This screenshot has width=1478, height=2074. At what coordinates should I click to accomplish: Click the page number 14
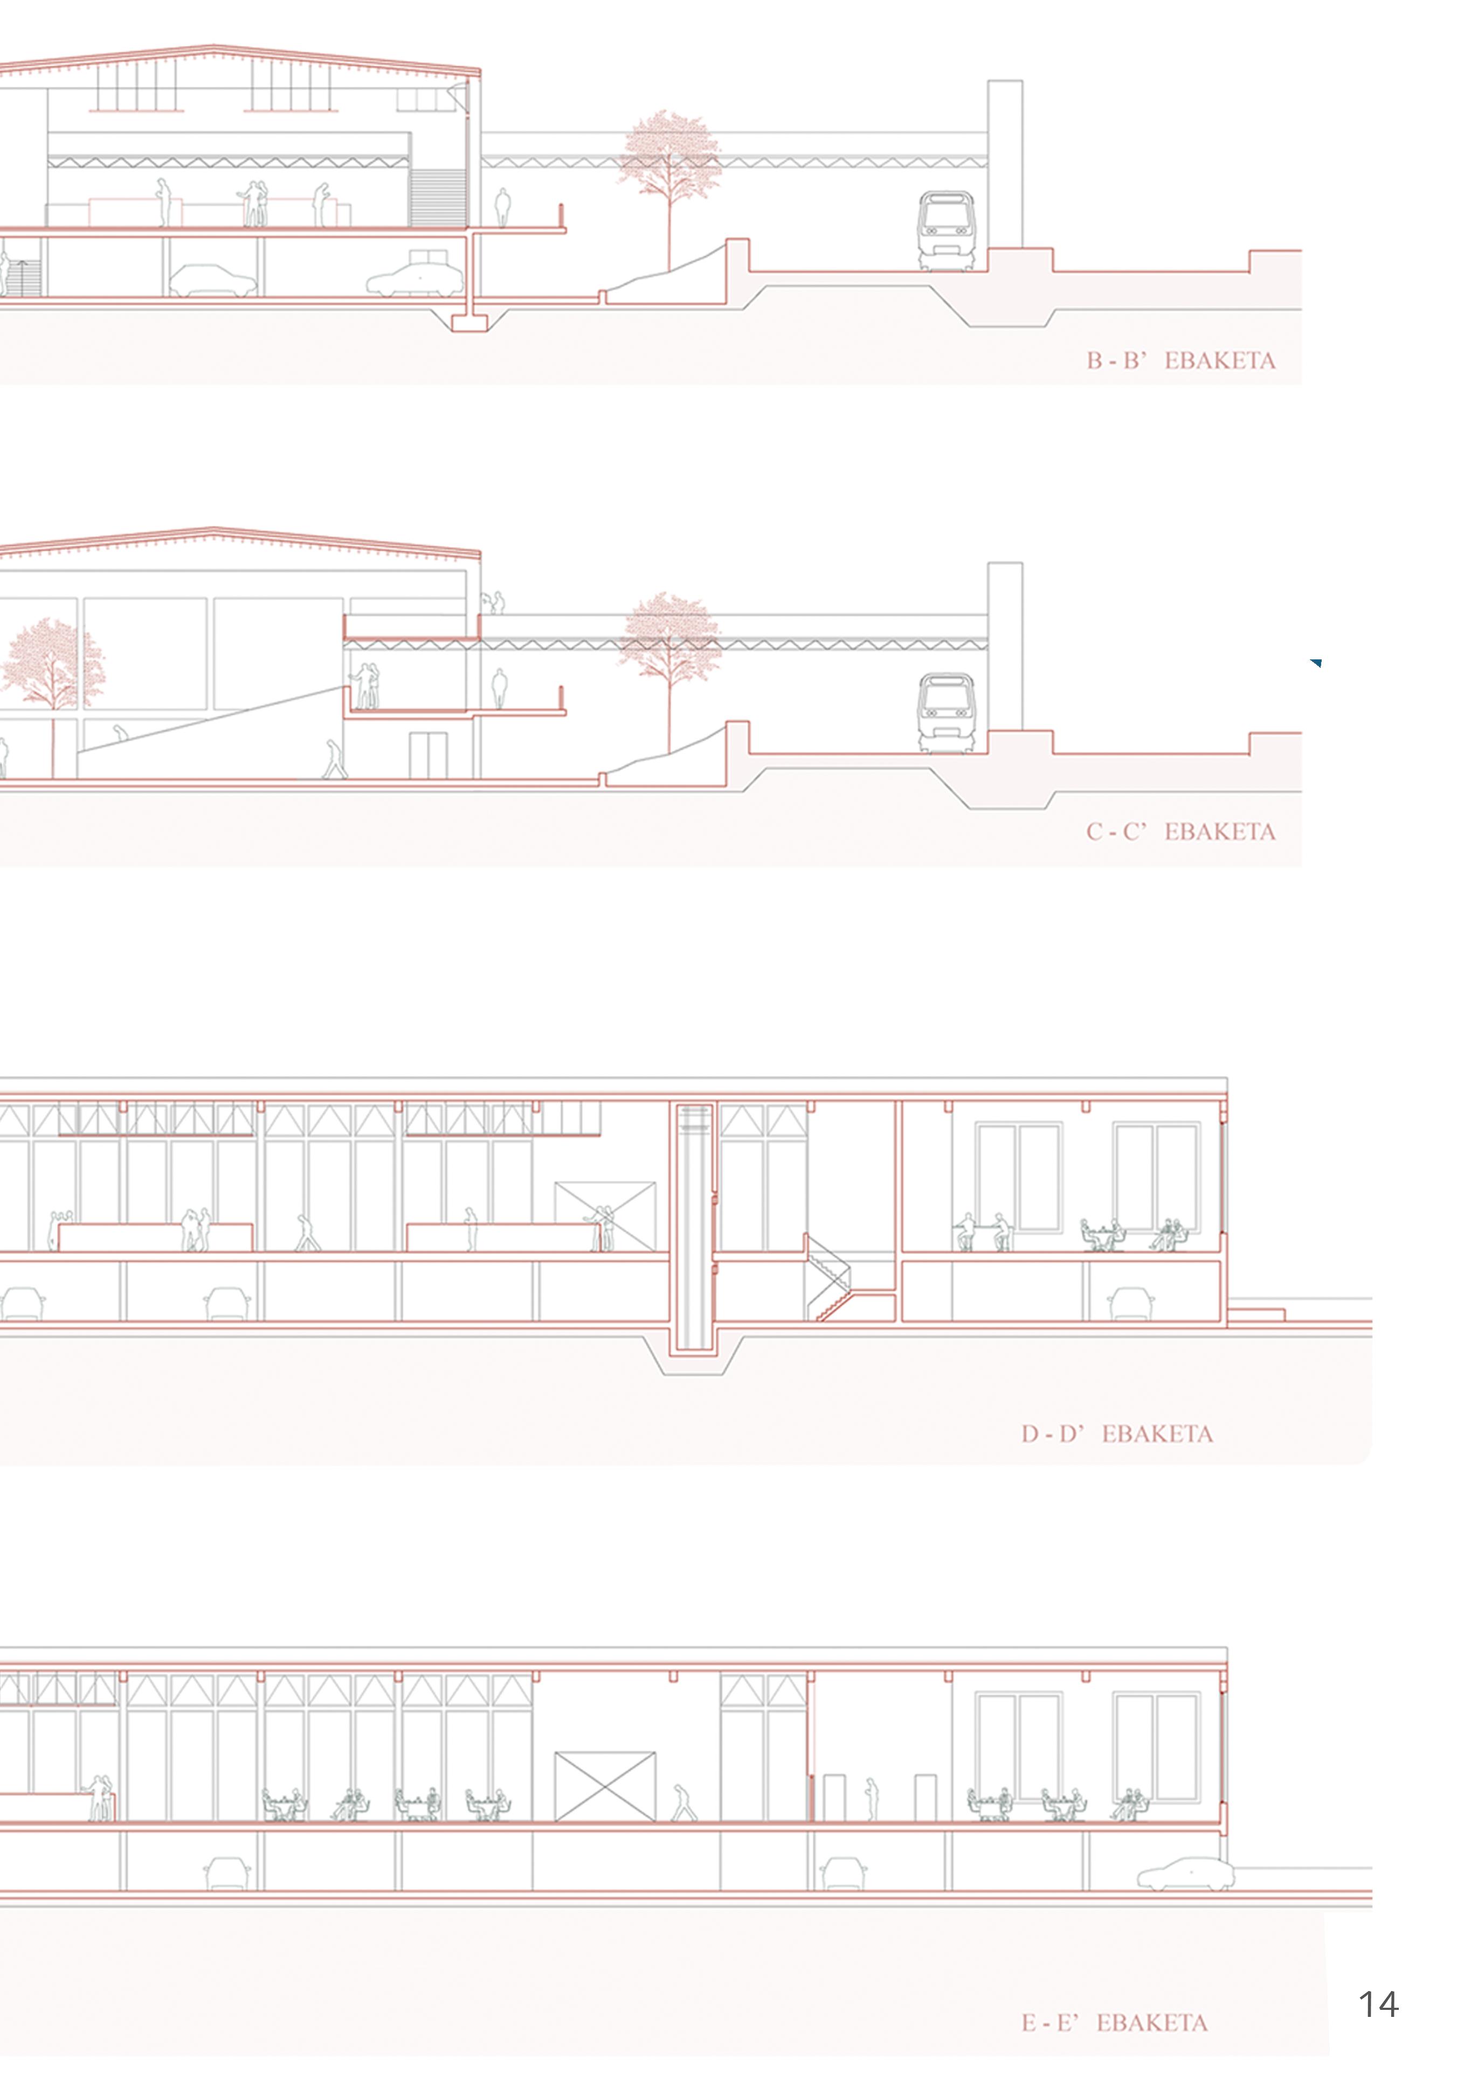click(1377, 2004)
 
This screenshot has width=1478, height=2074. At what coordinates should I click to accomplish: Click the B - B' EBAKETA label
click(1180, 361)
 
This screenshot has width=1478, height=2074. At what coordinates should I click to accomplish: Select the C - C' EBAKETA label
click(1180, 831)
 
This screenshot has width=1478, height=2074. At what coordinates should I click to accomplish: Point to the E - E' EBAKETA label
click(1114, 2023)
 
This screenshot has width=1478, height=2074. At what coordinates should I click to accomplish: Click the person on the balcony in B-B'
click(501, 208)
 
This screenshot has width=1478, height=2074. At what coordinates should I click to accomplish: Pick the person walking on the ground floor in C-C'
click(335, 760)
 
